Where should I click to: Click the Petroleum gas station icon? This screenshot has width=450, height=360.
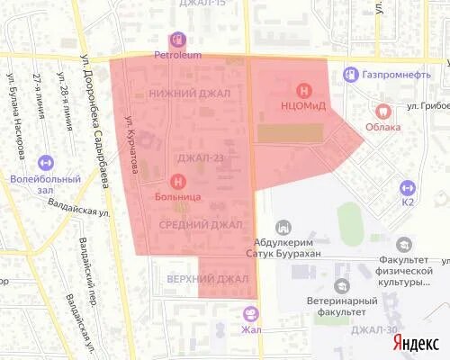click(177, 40)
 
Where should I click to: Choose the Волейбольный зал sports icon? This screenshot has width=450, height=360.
click(46, 162)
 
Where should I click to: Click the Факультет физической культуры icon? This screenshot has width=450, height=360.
click(404, 244)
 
